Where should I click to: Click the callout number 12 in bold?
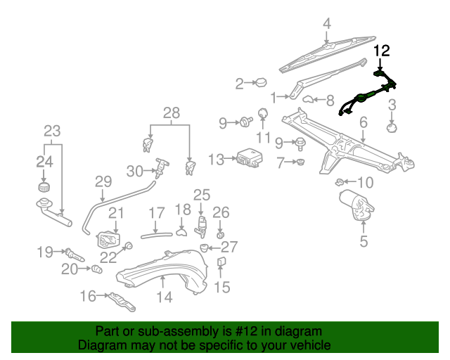pyautogui.click(x=380, y=51)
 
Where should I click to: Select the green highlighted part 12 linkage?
pyautogui.click(x=366, y=96)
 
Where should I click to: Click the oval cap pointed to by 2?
pyautogui.click(x=259, y=83)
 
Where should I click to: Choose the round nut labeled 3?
pyautogui.click(x=393, y=128)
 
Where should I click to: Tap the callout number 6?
pyautogui.click(x=363, y=123)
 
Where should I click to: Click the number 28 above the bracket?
pyautogui.click(x=172, y=112)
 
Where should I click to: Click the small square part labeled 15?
pyautogui.click(x=221, y=264)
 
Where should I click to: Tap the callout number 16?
pyautogui.click(x=88, y=297)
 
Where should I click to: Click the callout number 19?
pyautogui.click(x=45, y=252)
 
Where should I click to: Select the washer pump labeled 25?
pyautogui.click(x=201, y=224)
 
